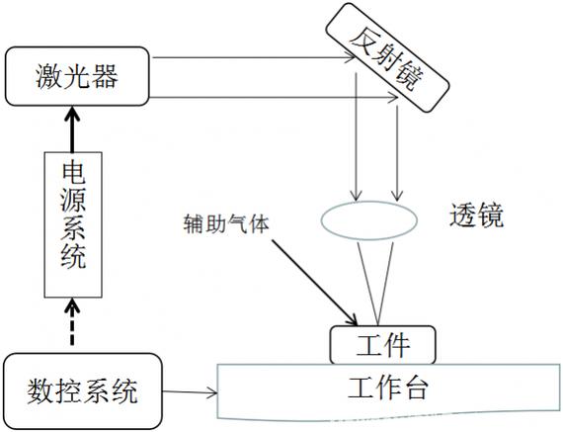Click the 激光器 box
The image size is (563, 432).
point(77,76)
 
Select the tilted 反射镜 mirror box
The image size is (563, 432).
point(387,57)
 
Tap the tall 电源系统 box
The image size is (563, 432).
point(73,224)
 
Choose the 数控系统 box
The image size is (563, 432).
point(83,391)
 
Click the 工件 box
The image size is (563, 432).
point(383,345)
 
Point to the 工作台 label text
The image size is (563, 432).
point(388,388)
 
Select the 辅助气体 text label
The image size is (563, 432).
point(226,223)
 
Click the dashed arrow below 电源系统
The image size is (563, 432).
point(73,322)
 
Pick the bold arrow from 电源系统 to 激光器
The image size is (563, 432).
point(73,130)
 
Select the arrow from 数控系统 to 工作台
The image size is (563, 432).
point(190,392)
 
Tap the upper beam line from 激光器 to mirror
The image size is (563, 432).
point(254,57)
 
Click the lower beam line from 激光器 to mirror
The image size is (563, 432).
point(274,98)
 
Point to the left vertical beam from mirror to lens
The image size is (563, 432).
point(356,136)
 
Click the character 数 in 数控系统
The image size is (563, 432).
point(39,391)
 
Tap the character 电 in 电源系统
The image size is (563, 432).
point(73,173)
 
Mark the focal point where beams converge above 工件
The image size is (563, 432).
point(377,324)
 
